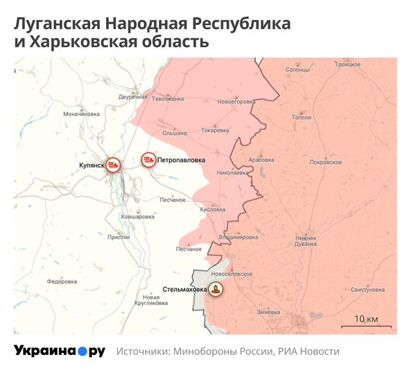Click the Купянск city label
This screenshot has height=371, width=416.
pyautogui.click(x=92, y=165)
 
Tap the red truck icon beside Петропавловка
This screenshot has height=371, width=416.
pyautogui.click(x=148, y=160)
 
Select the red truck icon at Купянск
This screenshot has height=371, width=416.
pyautogui.click(x=114, y=165)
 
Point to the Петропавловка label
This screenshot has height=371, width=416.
pyautogui.click(x=182, y=160)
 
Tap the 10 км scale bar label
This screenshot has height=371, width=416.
pyautogui.click(x=367, y=319)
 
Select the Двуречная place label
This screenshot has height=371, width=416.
pyautogui.click(x=133, y=97)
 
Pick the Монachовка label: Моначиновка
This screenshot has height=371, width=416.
pyautogui.click(x=81, y=113)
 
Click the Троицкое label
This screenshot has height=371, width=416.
pyautogui.click(x=348, y=64)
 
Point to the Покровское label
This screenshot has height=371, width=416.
pyautogui.click(x=326, y=162)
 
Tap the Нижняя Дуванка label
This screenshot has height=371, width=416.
pyautogui.click(x=306, y=241)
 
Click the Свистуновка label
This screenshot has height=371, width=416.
pyautogui.click(x=367, y=289)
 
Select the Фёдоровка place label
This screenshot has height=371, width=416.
pyautogui.click(x=62, y=281)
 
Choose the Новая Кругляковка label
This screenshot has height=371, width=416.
pyautogui.click(x=152, y=300)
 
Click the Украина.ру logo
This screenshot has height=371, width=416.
pyautogui.click(x=60, y=351)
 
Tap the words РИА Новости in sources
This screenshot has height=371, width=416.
pyautogui.click(x=309, y=352)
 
